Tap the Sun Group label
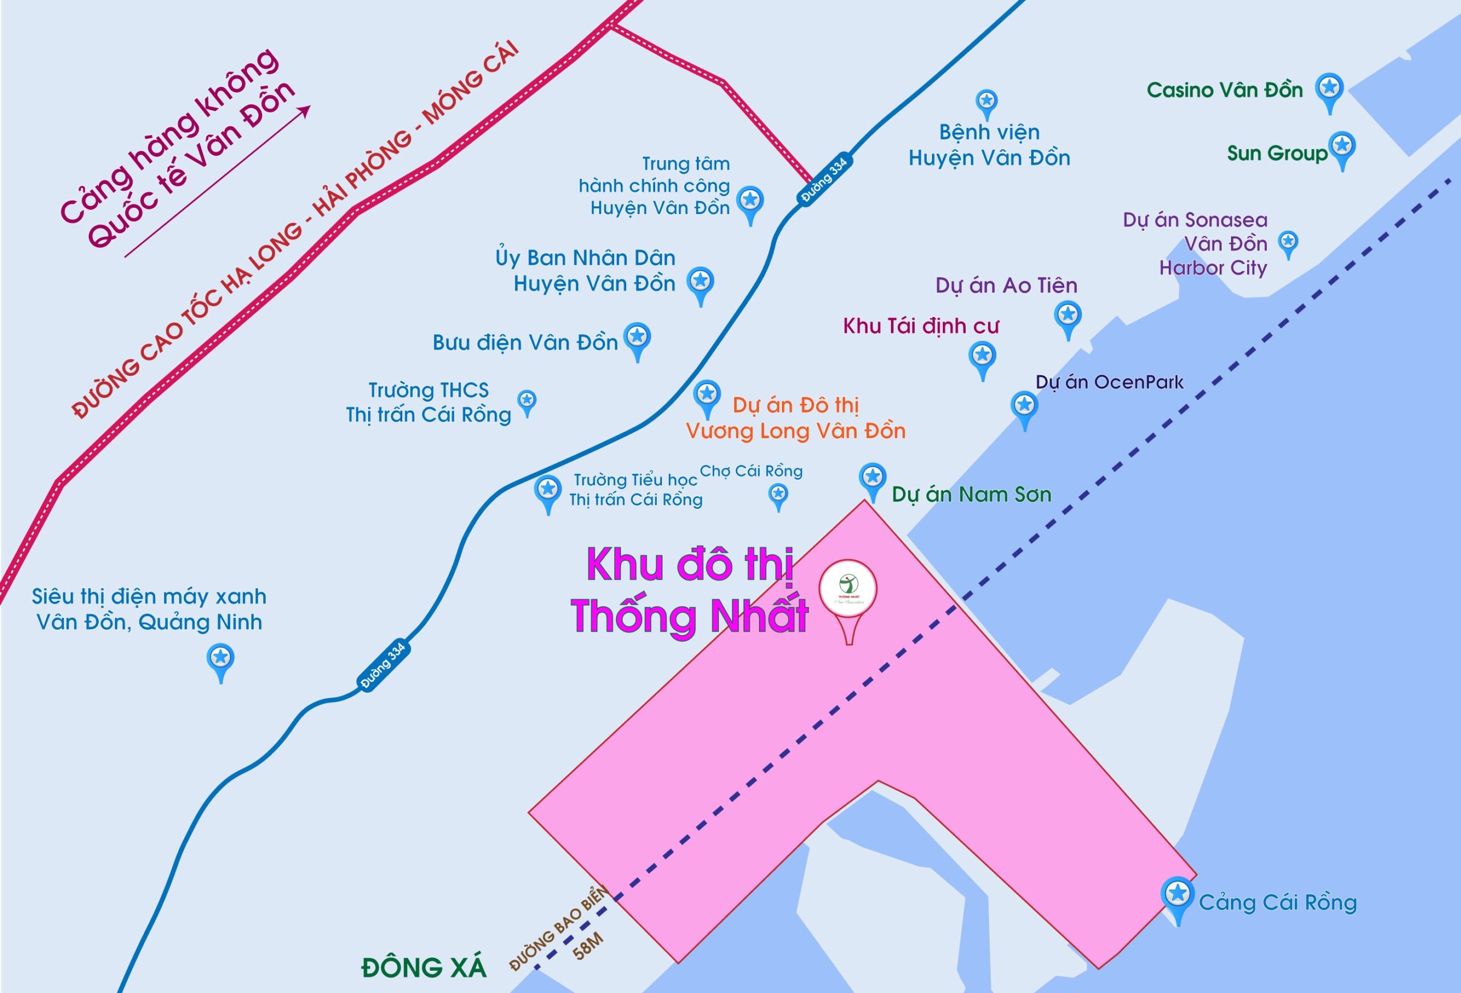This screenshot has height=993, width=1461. coord(1277,154)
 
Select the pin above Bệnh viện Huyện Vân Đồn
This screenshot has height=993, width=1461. coord(986,101)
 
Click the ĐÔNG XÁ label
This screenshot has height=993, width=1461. coord(423,967)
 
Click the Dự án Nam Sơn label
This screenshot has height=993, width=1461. coord(971,495)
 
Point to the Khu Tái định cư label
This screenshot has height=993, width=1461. coord(921,325)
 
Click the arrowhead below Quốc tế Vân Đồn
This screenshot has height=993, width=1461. coord(305,110)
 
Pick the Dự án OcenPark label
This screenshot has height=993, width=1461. coord(1109,383)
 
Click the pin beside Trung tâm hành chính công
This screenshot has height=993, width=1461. coord(750,200)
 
